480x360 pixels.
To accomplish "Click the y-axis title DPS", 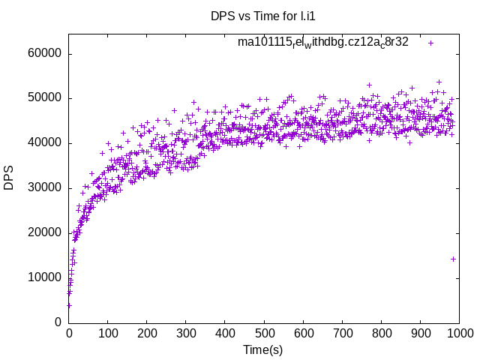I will [x=9, y=177].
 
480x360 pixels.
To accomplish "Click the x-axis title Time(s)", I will [x=262, y=349].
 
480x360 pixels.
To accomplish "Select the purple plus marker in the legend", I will [x=430, y=43].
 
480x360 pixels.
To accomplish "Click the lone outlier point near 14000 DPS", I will [x=453, y=259].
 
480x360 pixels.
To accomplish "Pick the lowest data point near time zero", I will [x=69, y=305].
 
